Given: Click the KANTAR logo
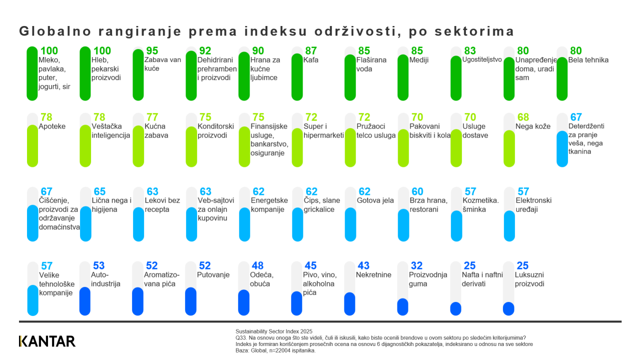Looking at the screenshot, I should (x=47, y=341).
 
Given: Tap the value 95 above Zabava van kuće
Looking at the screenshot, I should (x=152, y=51).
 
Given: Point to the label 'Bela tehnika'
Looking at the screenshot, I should (x=588, y=60).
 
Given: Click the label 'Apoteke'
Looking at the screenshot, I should (x=52, y=126).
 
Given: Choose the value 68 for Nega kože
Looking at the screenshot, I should (x=523, y=117).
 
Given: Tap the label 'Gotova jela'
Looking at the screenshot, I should (x=375, y=200).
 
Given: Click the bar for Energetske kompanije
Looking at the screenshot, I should (x=244, y=224).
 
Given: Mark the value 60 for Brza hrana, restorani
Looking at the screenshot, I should (x=417, y=191).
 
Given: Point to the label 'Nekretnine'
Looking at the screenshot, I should (x=373, y=274).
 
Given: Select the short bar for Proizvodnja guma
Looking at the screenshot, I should (x=402, y=306).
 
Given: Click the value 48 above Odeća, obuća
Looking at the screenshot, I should (x=257, y=265).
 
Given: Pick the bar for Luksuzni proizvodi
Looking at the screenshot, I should (x=508, y=308).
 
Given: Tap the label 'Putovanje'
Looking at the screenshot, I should (x=213, y=274).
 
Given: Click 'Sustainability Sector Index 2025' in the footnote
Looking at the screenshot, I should (x=273, y=331).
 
